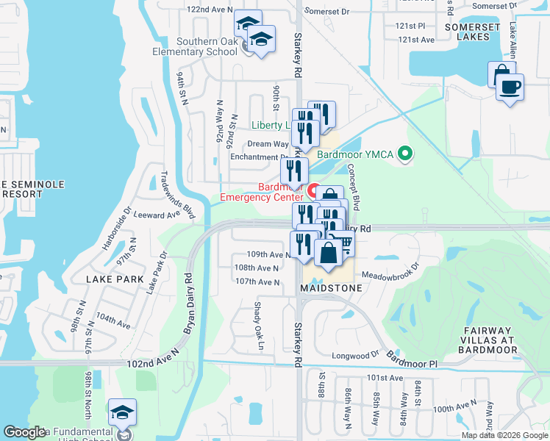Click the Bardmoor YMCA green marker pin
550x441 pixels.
tap(404, 154)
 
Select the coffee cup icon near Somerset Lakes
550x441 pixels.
tap(509, 87)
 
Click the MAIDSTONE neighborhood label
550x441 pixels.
tap(331, 288)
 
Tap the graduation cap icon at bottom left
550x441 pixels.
tap(122, 413)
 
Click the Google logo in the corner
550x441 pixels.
tap(25, 432)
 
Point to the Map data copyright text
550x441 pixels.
tap(504, 435)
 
